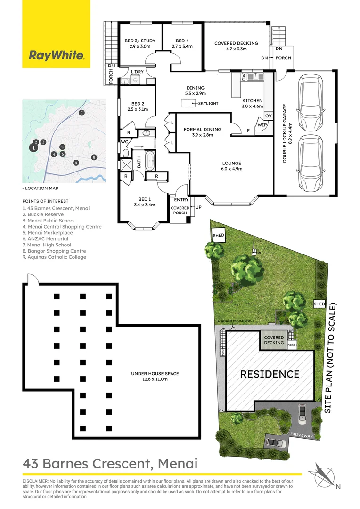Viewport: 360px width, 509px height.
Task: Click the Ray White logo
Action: [57, 56]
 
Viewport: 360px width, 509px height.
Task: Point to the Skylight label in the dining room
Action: [207, 103]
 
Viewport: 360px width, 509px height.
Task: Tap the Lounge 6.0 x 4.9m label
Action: [231, 166]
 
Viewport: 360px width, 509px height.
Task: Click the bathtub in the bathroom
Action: [150, 161]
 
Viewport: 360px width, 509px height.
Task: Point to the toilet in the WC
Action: [125, 153]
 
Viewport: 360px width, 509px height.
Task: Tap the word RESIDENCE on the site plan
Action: [270, 374]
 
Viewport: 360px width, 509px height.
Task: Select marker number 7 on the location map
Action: [82, 113]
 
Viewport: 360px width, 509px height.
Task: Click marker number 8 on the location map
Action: [94, 157]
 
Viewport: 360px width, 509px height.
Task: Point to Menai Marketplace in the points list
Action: [48, 233]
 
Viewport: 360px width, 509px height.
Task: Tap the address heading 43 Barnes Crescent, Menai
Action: [110, 464]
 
